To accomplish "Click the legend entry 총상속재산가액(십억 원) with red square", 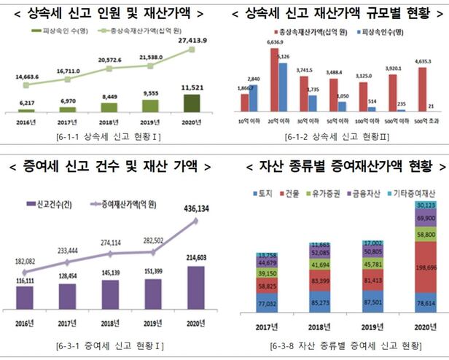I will [x=303, y=33].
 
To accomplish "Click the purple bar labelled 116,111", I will [x=25, y=295].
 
